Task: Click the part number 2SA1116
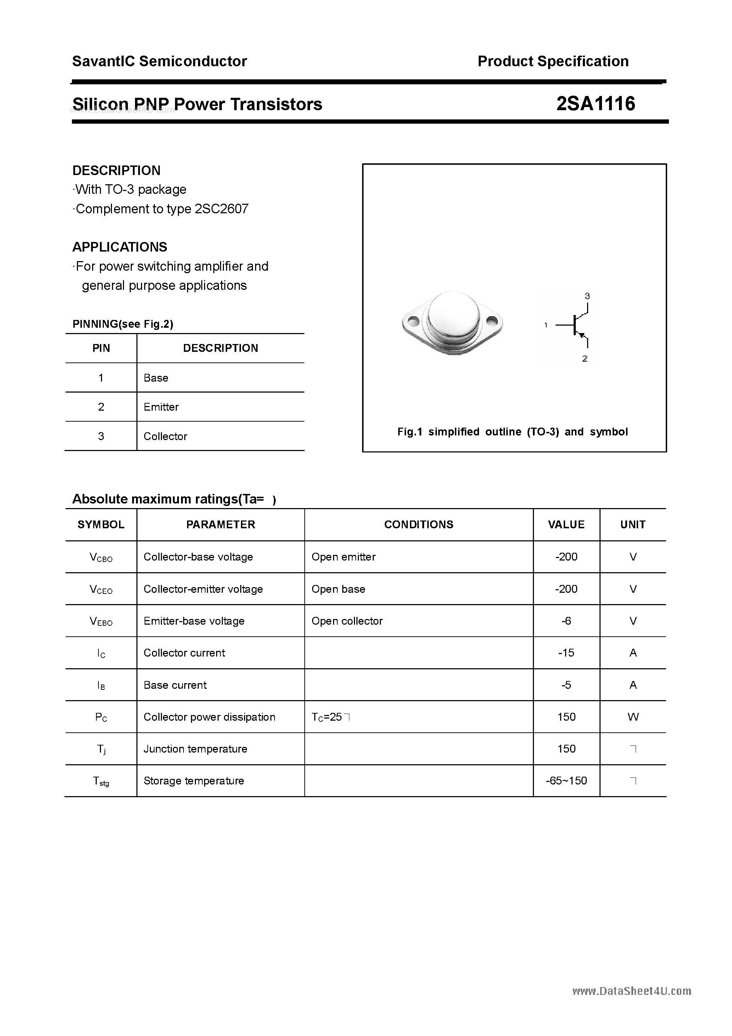point(596,104)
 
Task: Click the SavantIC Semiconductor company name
point(159,61)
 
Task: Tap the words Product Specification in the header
point(553,61)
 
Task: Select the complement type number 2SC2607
point(221,209)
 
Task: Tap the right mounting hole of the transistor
point(491,322)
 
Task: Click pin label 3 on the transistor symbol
point(587,296)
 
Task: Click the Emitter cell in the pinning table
point(161,407)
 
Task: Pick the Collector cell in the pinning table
point(165,436)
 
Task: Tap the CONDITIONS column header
point(419,524)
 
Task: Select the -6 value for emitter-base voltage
point(567,621)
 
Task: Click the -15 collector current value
point(567,653)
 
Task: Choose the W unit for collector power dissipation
point(633,717)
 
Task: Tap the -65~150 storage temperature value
point(567,781)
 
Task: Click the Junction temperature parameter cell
point(196,749)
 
